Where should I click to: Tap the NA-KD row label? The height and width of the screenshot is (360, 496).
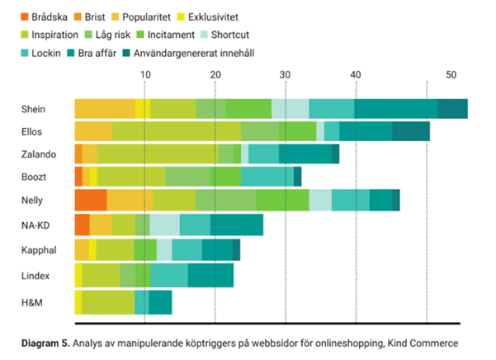tap(37, 225)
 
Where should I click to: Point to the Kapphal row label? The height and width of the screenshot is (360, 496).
tap(38, 249)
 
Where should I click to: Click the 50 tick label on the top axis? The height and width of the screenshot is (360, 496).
tap(451, 75)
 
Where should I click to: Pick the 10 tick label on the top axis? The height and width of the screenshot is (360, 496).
tap(144, 75)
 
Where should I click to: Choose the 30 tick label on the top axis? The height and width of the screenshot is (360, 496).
tap(285, 75)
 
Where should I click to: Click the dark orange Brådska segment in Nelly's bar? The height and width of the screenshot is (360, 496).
tap(91, 200)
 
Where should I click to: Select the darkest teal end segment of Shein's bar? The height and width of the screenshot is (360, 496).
tap(452, 108)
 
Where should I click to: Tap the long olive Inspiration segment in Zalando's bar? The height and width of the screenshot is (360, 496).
tap(158, 154)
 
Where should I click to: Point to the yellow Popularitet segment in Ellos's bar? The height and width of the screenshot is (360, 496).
tap(93, 131)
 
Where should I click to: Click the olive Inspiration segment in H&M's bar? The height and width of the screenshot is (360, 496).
tap(108, 303)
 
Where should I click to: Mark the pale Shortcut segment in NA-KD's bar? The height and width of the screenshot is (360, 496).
tap(165, 225)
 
